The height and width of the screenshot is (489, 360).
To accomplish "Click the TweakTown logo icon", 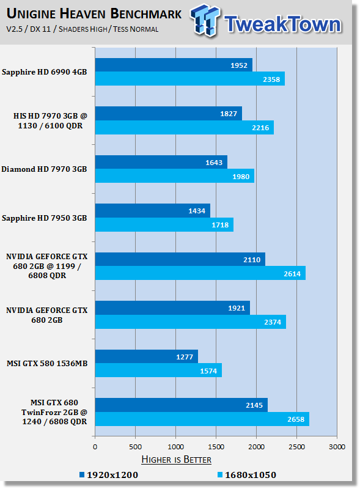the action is [x=205, y=20].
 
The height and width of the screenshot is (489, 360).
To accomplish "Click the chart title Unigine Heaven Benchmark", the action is [x=94, y=14].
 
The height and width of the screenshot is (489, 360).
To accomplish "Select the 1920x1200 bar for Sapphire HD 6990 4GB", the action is [x=174, y=65].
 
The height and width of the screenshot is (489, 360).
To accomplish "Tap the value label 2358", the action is [x=271, y=79].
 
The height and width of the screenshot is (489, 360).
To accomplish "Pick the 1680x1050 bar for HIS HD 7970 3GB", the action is [x=185, y=128].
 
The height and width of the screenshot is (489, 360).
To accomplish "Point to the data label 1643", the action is [x=214, y=163].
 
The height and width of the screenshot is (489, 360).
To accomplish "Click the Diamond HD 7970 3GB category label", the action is [x=44, y=169].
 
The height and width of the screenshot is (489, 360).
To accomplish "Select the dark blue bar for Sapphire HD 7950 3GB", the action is [x=153, y=210].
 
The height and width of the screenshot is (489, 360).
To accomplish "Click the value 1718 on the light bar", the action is [x=220, y=225].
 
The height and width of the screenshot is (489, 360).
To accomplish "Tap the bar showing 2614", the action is [x=200, y=273].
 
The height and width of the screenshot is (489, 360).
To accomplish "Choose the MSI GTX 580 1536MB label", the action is [x=47, y=363].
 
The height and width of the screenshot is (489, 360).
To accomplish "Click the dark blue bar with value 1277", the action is [x=147, y=356].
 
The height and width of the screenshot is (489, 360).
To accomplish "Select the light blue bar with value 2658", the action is [x=202, y=419].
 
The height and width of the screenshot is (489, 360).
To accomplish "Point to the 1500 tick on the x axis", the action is [x=216, y=447].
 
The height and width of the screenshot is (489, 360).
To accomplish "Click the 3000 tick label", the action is [x=337, y=447].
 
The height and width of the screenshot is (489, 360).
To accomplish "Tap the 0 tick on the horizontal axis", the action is [x=95, y=447].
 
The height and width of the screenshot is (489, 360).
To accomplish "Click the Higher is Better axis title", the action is [x=176, y=460].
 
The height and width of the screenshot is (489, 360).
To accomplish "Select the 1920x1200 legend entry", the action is [x=109, y=475].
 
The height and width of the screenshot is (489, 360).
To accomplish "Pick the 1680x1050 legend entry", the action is [x=247, y=475].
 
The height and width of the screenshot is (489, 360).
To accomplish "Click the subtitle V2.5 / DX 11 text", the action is [x=28, y=29].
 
